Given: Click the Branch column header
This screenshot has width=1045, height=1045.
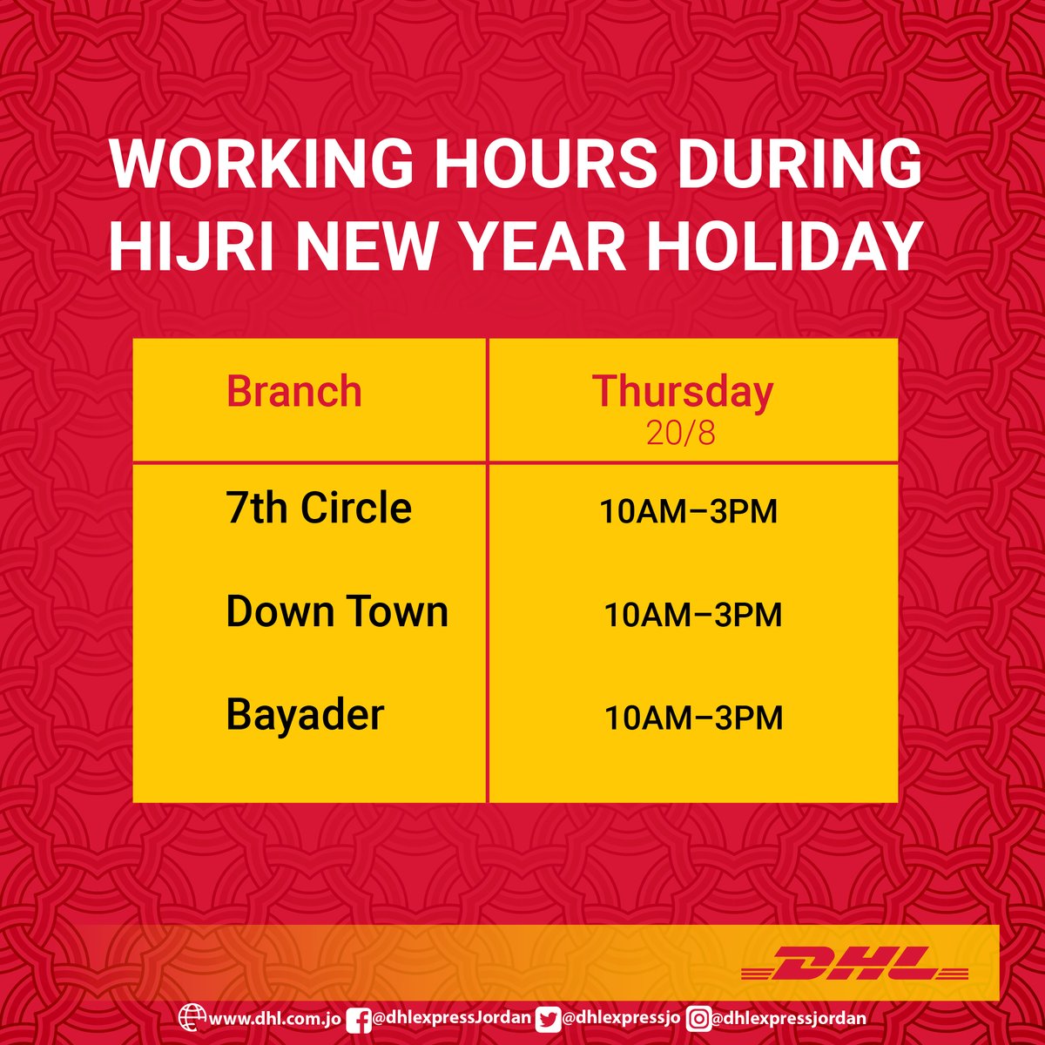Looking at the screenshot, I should (x=293, y=391).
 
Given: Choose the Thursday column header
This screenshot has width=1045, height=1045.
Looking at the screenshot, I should (x=683, y=391).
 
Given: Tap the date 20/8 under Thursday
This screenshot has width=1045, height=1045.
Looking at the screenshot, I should (x=681, y=433).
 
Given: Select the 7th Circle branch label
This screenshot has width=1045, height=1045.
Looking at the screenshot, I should (x=319, y=508).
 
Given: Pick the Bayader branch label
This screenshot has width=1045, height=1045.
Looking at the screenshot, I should (x=305, y=715).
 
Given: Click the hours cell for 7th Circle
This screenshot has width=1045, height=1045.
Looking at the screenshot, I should (x=688, y=511).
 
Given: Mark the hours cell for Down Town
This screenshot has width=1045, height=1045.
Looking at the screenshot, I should (x=693, y=615).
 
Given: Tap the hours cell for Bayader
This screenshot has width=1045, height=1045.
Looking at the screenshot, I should (x=693, y=718).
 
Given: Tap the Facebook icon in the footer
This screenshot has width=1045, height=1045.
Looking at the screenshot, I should (x=359, y=1017).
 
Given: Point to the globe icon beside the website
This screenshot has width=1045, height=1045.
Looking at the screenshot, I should (x=192, y=1017).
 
